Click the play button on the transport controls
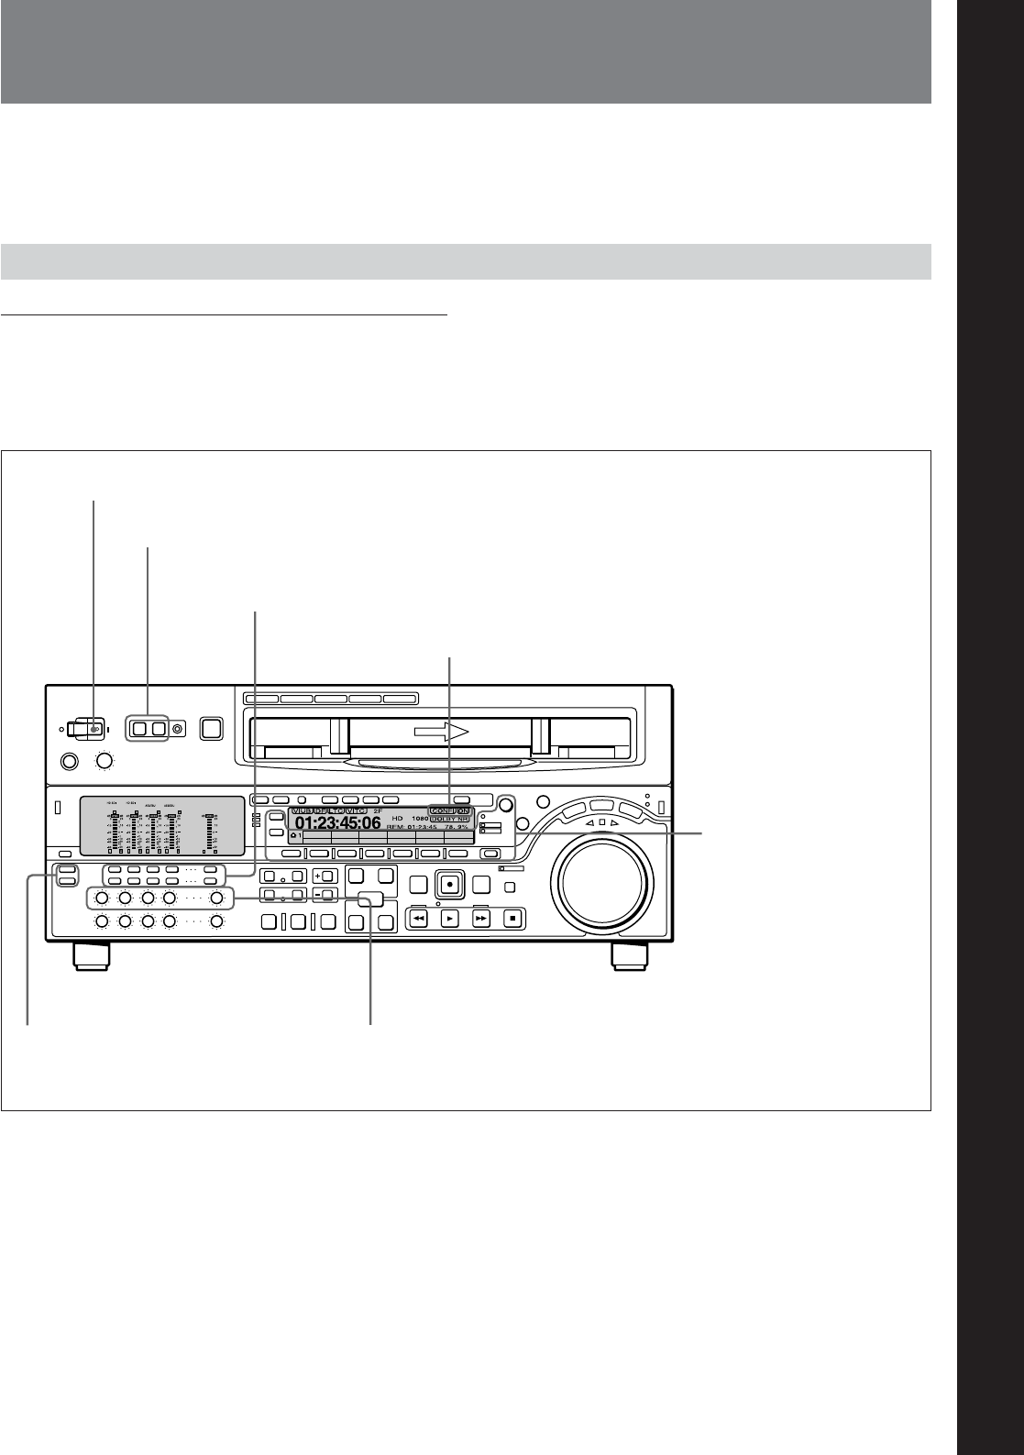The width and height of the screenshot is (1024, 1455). pyautogui.click(x=449, y=917)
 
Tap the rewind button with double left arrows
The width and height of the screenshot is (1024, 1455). pyautogui.click(x=417, y=917)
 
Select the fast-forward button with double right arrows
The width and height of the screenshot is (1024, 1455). pyautogui.click(x=481, y=917)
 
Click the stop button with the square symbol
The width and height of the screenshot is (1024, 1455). pyautogui.click(x=513, y=917)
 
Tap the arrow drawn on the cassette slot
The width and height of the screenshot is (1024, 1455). pyautogui.click(x=439, y=732)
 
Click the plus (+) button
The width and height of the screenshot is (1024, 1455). pyautogui.click(x=324, y=875)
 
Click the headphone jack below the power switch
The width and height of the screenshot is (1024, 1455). pyautogui.click(x=68, y=760)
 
